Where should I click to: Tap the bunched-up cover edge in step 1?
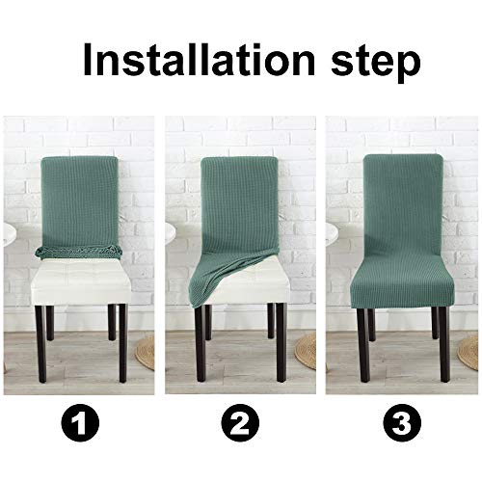click(x=76, y=254)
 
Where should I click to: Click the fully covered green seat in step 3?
click(x=401, y=280)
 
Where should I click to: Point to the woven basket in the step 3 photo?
click(x=471, y=351)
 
